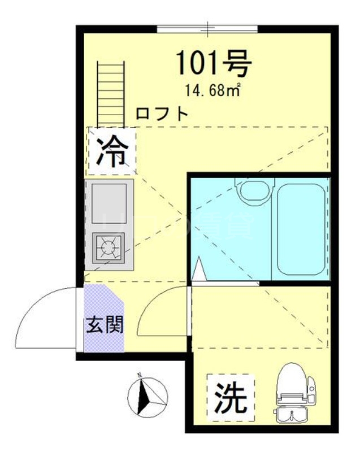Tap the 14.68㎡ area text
(212, 89)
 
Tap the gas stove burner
(108, 246)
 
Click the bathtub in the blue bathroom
(301, 228)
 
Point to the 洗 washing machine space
(231, 398)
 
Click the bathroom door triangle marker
(198, 269)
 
